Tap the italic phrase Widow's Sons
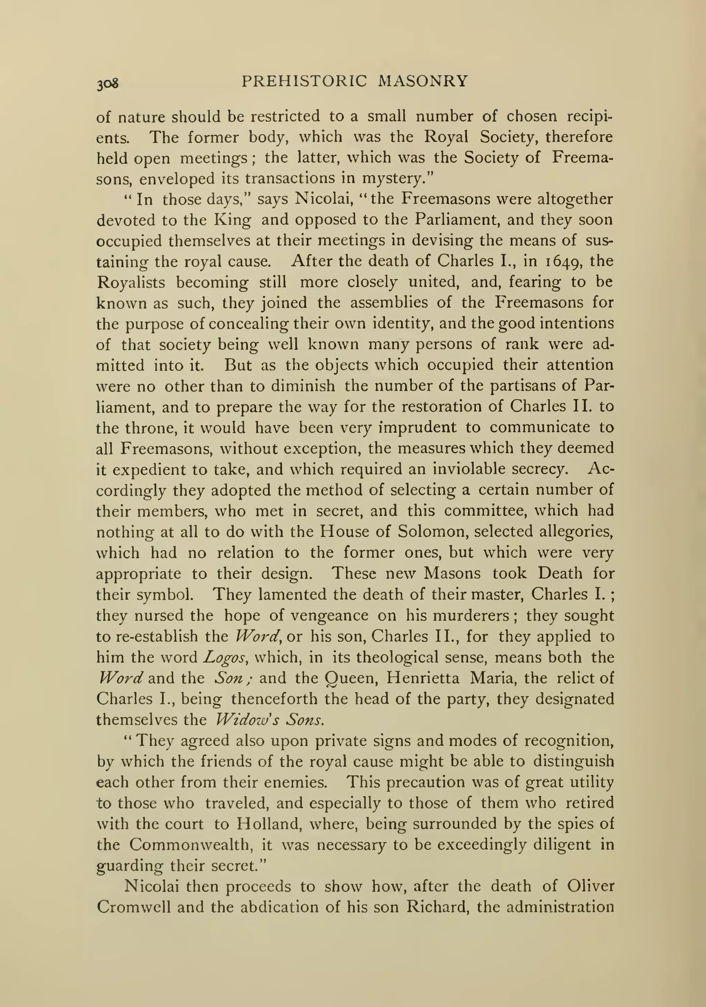pos(270,720)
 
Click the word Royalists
pos(131,282)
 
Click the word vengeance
pos(330,616)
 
